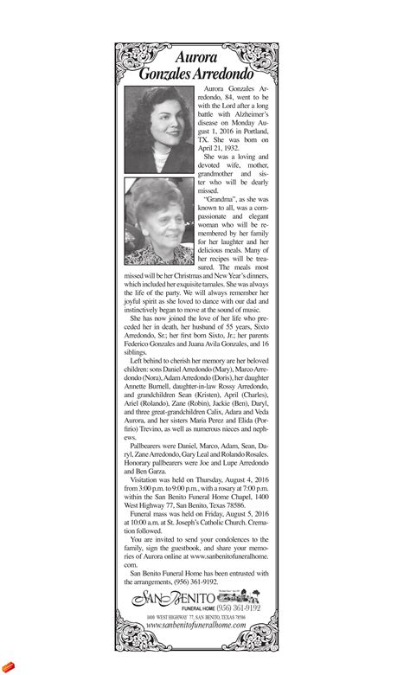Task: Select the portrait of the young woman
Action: pos(158,129)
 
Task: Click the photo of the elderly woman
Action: pos(158,220)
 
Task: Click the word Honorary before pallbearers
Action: pos(148,465)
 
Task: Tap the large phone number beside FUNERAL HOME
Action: pos(230,608)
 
